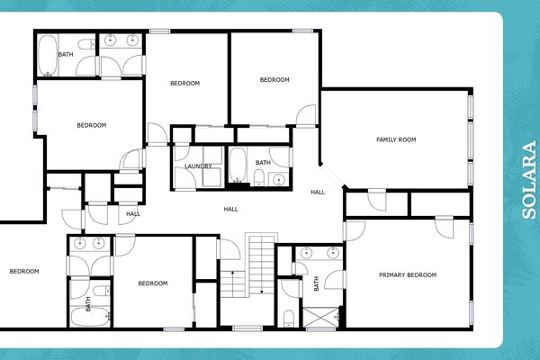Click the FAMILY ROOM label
[395, 139]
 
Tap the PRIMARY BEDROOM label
[407, 274]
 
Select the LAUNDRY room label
[198, 166]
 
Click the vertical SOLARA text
[529, 180]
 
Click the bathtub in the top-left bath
[48, 54]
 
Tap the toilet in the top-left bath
[85, 44]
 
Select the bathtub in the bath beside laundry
[238, 165]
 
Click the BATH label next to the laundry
[262, 163]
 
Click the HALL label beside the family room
[318, 193]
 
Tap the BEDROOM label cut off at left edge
[24, 271]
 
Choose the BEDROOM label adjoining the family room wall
[274, 80]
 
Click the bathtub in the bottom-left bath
[79, 317]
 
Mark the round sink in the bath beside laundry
[278, 179]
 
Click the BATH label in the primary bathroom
[317, 285]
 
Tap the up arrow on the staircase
[233, 272]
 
